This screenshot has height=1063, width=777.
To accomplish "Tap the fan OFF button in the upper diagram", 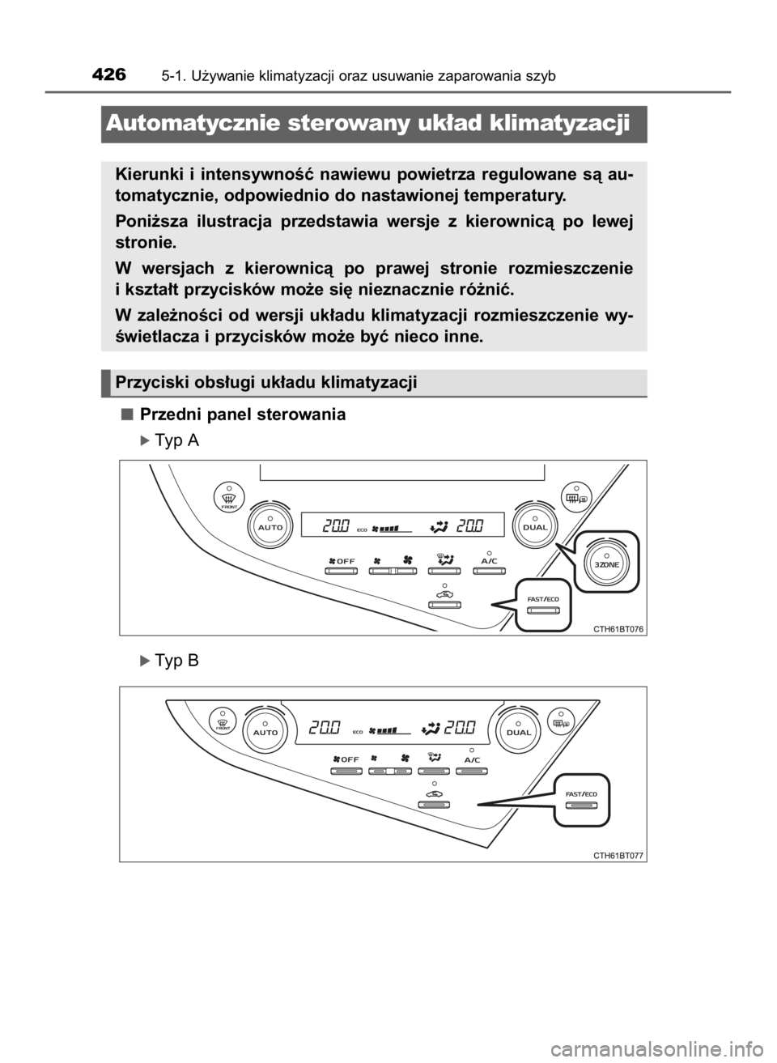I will click(x=342, y=571).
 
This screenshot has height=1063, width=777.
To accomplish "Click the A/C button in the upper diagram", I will click(x=488, y=571).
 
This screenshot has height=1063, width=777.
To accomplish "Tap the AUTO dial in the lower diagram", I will click(x=265, y=731).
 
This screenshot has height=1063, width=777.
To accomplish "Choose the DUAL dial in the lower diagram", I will click(x=519, y=732).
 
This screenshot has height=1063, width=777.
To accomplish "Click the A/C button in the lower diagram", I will click(x=472, y=771).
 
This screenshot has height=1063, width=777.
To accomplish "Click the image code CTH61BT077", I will click(x=619, y=855).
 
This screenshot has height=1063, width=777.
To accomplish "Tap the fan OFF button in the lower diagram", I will click(x=347, y=771).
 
